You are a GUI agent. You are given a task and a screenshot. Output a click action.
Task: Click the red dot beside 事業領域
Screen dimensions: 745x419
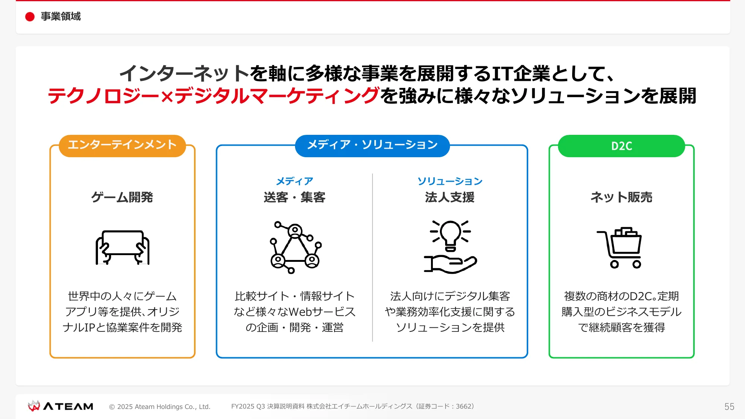tap(30, 17)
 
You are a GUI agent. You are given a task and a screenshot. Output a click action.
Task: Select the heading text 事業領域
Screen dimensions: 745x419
tap(61, 16)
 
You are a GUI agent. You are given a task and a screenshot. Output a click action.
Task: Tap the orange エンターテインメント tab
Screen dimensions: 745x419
tap(122, 146)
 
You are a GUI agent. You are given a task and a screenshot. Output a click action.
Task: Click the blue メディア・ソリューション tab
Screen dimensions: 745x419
tap(372, 146)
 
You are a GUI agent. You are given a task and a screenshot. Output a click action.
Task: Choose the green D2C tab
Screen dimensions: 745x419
tap(621, 146)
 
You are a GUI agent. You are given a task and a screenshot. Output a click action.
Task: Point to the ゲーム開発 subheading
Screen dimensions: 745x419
tap(122, 197)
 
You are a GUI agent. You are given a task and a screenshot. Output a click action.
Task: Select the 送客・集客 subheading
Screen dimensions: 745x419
tap(295, 197)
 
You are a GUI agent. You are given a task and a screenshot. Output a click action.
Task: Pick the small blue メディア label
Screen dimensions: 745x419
tap(295, 181)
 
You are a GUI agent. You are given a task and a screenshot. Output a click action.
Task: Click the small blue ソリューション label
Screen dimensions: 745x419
tap(450, 181)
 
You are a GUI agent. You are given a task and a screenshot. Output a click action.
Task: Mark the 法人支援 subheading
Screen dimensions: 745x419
tap(450, 197)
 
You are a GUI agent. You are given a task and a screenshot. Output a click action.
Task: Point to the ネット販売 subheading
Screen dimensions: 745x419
tap(621, 197)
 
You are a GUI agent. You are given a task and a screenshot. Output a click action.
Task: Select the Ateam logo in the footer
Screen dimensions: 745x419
tap(60, 406)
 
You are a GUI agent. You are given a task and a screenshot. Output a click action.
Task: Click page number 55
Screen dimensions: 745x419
tap(729, 406)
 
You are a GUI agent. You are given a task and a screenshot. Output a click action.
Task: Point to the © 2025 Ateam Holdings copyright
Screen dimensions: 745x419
tap(160, 407)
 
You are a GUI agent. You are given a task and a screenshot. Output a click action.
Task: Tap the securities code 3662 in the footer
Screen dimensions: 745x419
tap(463, 406)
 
